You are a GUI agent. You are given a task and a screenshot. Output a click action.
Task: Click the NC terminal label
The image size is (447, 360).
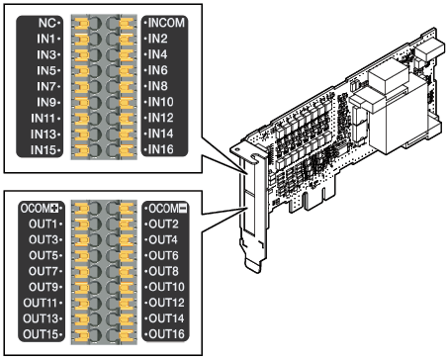[x=46, y=23]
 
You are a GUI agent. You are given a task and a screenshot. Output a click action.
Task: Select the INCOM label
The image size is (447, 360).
[x=166, y=23]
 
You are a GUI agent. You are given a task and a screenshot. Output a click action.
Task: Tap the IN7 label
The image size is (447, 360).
[x=46, y=86]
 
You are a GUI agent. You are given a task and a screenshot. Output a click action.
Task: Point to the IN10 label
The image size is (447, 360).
[x=160, y=102]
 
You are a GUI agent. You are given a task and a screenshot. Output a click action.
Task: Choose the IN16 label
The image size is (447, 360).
[x=160, y=149]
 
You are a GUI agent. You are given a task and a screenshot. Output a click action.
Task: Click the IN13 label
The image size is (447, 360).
[x=44, y=135]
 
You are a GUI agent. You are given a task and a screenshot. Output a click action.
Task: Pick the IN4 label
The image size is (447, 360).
[x=157, y=54]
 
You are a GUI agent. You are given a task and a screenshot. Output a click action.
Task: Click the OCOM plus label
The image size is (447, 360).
[x=40, y=209]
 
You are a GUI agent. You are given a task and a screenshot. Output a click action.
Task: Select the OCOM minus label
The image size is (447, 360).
[x=168, y=209]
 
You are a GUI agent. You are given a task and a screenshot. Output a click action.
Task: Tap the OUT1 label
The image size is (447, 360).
[x=43, y=225]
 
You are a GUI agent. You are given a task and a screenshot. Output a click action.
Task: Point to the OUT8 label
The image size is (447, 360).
[x=163, y=271]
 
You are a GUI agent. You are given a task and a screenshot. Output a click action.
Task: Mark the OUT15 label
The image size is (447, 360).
[x=41, y=334]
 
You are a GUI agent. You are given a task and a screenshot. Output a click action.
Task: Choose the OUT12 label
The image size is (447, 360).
[x=166, y=303]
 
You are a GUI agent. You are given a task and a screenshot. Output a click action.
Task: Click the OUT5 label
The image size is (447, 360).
[x=44, y=255]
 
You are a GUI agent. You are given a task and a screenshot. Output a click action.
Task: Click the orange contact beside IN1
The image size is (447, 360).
[x=82, y=40]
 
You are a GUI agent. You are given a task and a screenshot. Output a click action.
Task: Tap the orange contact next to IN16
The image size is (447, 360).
[x=127, y=150]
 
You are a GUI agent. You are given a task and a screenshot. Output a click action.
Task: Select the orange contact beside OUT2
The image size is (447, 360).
[x=127, y=225]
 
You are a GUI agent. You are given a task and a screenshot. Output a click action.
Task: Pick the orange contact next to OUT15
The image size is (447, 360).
[x=82, y=335]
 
